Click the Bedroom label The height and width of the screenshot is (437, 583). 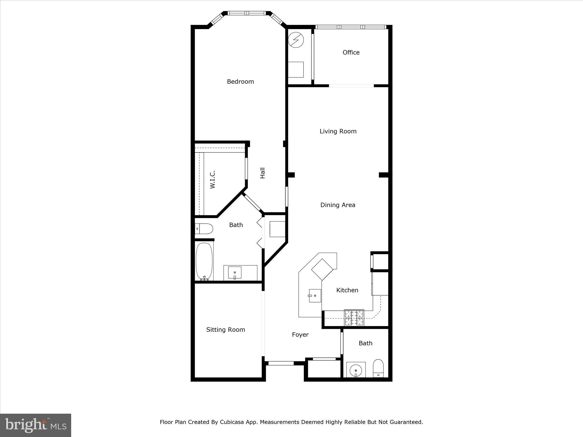click(240, 82)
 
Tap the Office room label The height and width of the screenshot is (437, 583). click(351, 52)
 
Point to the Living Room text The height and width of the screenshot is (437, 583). click(338, 131)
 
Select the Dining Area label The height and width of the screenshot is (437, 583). click(338, 205)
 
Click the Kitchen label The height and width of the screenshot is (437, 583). click(347, 290)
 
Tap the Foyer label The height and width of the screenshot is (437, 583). click(300, 335)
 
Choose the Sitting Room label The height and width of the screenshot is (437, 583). click(225, 330)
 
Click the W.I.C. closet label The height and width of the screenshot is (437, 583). click(212, 180)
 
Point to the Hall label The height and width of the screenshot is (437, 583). click(262, 173)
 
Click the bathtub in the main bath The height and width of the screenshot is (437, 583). click(204, 261)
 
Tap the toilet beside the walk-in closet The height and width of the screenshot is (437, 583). click(204, 229)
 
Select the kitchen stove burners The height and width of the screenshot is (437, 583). click(354, 318)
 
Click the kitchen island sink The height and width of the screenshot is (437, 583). click(315, 296)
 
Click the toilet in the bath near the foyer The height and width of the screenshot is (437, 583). click(378, 368)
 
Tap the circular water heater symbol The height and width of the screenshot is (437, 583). click(296, 40)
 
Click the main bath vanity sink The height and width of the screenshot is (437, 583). click(235, 273)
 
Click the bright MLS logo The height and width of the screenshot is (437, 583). click(36, 425)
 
